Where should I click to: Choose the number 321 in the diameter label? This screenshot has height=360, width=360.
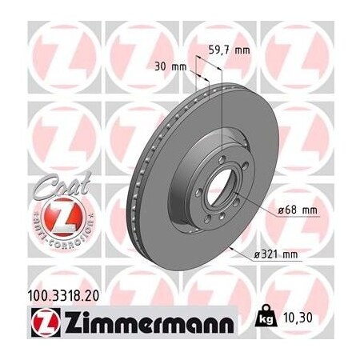point(271,254)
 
